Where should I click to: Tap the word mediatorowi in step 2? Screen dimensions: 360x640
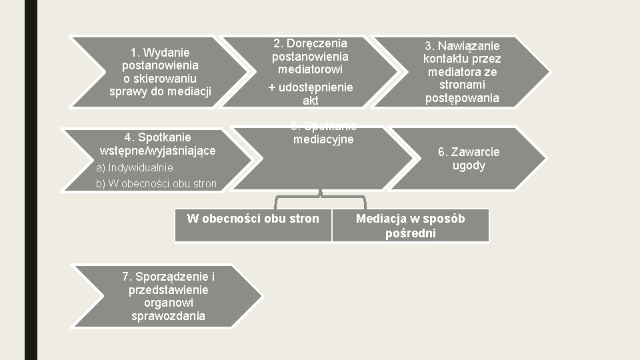point(309,69)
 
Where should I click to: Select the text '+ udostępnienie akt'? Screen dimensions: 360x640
point(310,94)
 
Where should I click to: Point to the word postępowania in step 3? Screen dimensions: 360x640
point(462,98)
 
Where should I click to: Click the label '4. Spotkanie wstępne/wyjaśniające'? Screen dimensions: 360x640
point(157,144)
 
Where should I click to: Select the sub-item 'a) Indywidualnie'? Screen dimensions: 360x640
point(135,167)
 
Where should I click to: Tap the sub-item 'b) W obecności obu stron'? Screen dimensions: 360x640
point(157,183)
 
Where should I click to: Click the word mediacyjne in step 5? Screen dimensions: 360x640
point(323,139)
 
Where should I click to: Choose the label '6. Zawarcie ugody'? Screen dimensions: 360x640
point(469,159)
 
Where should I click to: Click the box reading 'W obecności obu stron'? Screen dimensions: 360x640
point(253,219)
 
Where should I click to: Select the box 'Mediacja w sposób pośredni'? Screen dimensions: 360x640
point(410,225)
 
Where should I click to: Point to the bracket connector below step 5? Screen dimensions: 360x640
point(321,198)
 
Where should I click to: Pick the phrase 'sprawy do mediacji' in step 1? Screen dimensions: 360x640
point(160,91)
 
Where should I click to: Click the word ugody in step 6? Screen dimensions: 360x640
point(469,165)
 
